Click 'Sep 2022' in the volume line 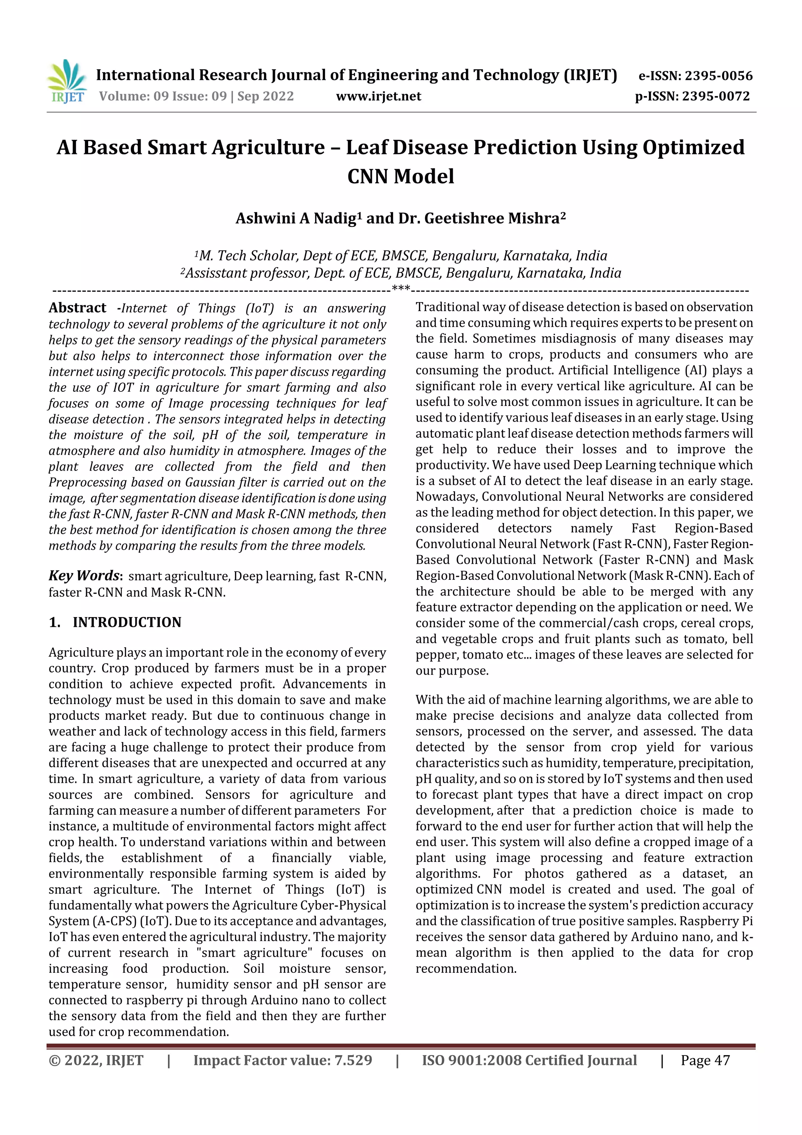click(266, 96)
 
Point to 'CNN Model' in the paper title click(400, 176)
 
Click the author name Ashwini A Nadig click(296, 219)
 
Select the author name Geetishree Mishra click(492, 219)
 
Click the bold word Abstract click(77, 308)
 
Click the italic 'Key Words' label click(84, 576)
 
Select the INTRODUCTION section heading click(126, 623)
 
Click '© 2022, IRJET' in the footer click(96, 1060)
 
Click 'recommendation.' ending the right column click(466, 969)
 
